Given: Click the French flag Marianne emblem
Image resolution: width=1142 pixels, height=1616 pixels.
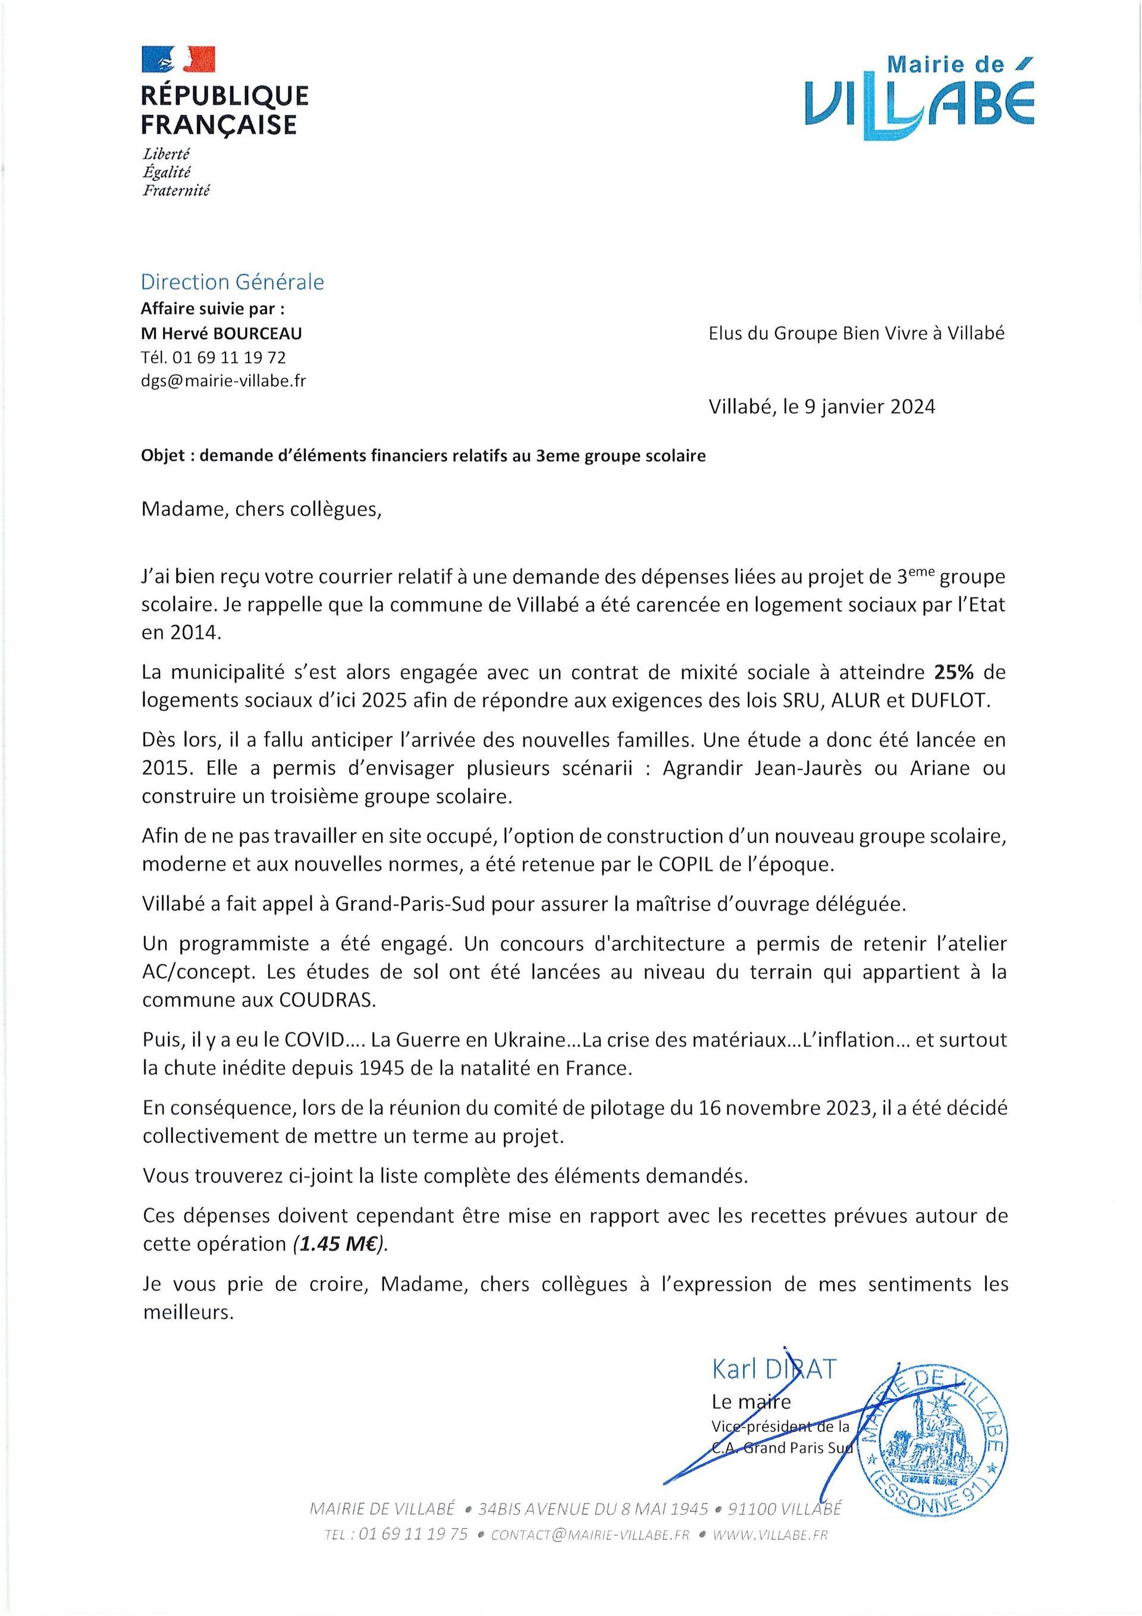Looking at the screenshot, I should pos(178,59).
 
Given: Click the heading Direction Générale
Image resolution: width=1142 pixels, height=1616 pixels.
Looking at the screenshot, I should pos(233,283).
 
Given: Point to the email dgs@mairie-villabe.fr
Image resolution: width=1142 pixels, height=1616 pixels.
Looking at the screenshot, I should pos(224,381).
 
